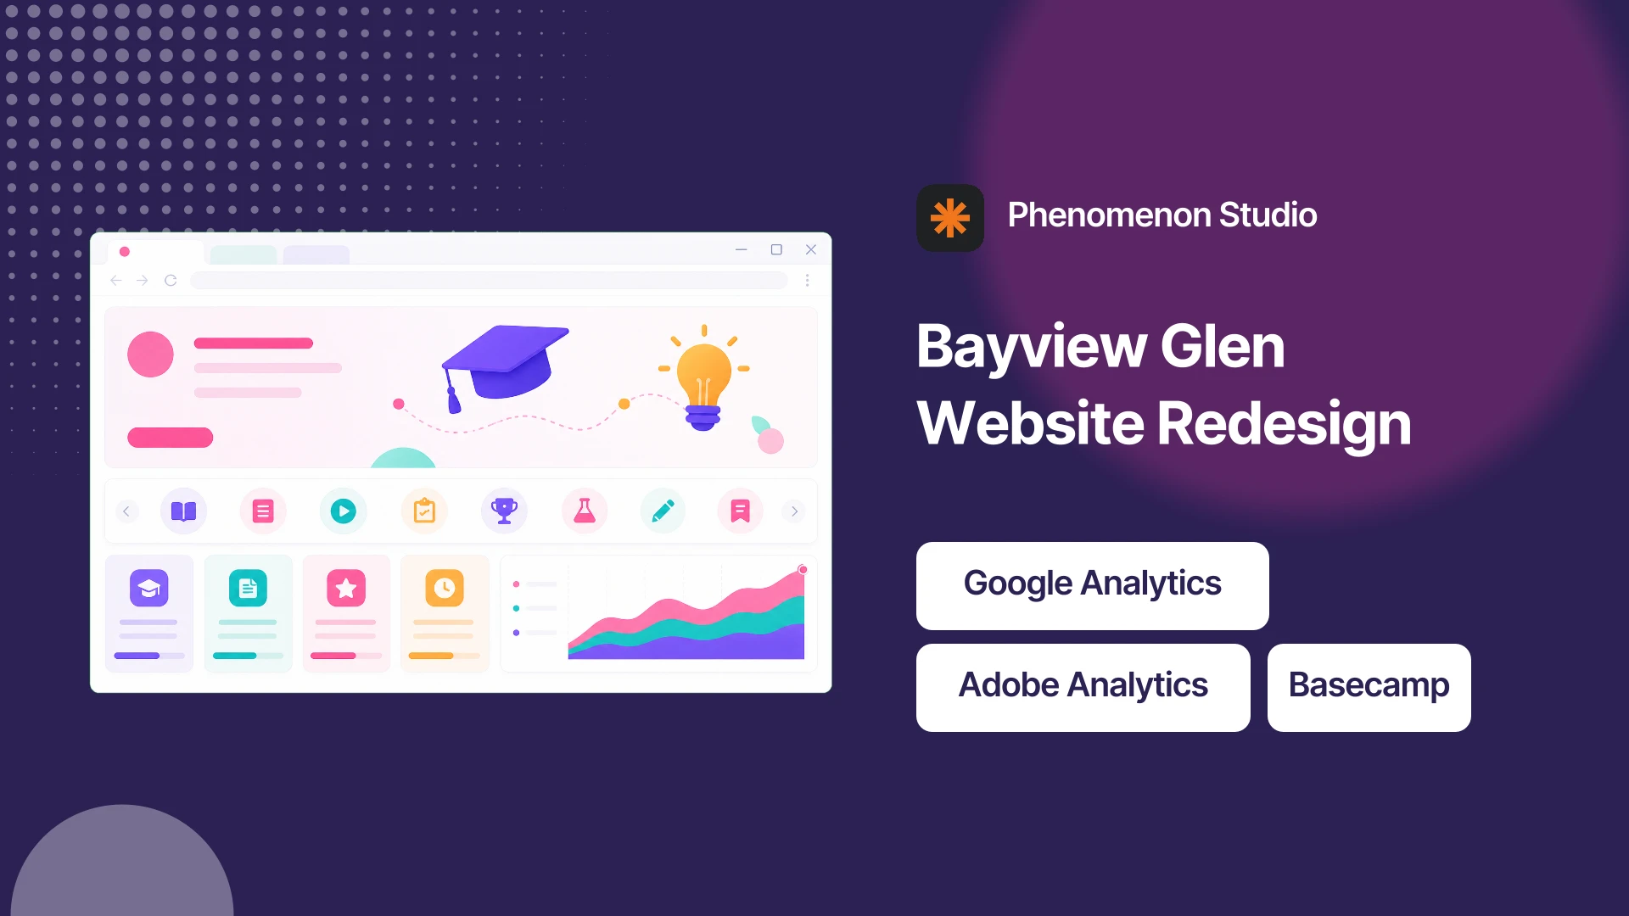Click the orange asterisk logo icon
[x=950, y=218]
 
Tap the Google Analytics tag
[x=1093, y=586]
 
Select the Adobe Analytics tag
[x=1083, y=688]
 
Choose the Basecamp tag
[x=1369, y=688]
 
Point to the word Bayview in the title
[x=1032, y=348]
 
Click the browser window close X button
[x=811, y=249]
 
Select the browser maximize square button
[x=776, y=249]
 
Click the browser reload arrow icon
[x=171, y=281]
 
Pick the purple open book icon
[x=183, y=511]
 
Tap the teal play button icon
[x=343, y=511]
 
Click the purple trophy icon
[x=504, y=511]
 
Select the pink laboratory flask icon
[x=585, y=511]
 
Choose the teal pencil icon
[x=663, y=511]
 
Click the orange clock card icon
[x=445, y=588]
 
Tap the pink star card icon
[x=346, y=588]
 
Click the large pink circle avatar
[x=150, y=355]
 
